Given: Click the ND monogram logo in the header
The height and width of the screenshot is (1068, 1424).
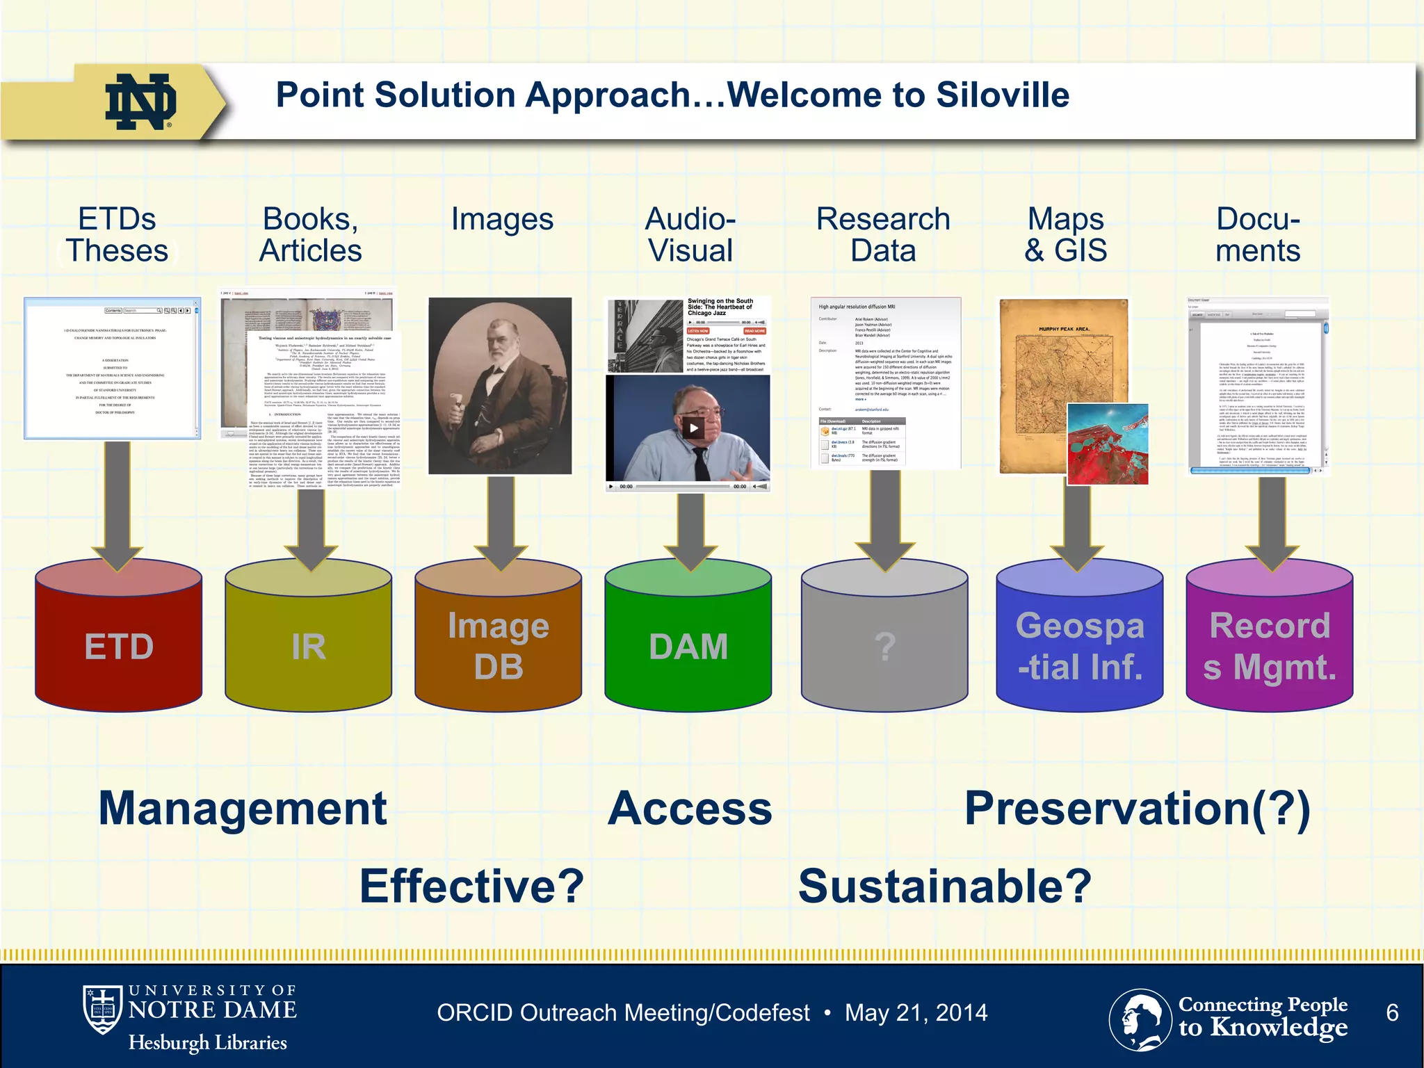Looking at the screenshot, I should point(140,102).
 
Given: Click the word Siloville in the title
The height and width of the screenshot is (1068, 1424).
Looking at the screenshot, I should point(1002,95).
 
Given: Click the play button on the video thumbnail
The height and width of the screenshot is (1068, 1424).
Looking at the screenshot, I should point(693,428).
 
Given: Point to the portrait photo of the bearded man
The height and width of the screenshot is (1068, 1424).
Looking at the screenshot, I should point(499,386).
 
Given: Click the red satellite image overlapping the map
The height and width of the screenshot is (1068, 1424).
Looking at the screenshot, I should point(1107,444).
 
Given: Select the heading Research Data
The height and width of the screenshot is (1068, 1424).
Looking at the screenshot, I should point(883,234).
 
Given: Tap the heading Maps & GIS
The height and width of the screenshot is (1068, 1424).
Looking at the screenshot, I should point(1065,234).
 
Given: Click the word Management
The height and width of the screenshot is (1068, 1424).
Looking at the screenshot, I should point(242,809).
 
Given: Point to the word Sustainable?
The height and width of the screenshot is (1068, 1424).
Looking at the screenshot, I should point(944,887).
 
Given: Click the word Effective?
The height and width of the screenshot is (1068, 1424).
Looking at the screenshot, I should point(471,887).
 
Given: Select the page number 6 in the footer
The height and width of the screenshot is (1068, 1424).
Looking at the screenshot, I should point(1391,1012).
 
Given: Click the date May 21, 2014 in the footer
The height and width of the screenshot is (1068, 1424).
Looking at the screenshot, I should point(916,1012).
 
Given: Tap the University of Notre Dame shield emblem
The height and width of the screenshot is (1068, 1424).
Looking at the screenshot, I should point(103,1009).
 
